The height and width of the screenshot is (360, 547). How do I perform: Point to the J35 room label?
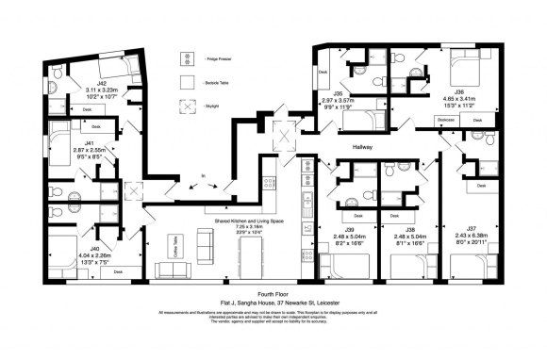(x=337, y=93)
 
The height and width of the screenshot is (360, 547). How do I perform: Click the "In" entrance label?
(x=204, y=175)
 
